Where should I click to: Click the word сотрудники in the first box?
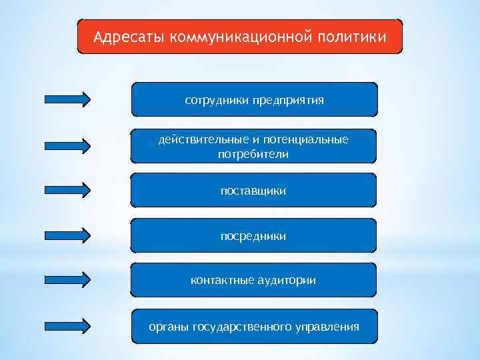(x=216, y=100)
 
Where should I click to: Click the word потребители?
(x=253, y=155)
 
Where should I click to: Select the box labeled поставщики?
(x=253, y=191)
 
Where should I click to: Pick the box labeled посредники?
(x=253, y=236)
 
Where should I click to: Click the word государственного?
(x=242, y=327)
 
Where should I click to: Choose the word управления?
(x=327, y=327)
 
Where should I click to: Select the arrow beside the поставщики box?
(x=67, y=189)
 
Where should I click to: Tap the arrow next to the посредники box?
(x=67, y=235)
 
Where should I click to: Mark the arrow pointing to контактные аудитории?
(x=67, y=280)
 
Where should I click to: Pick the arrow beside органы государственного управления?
(x=67, y=325)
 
